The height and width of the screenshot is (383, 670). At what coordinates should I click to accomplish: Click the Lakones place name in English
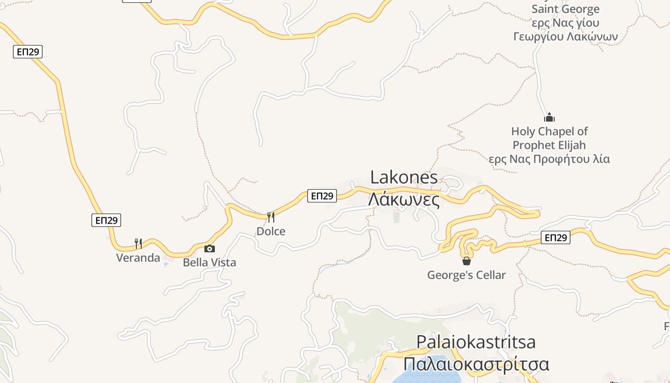click(403, 178)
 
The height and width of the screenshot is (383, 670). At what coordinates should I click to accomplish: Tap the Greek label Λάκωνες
click(403, 199)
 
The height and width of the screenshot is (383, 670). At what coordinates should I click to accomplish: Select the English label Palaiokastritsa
click(476, 342)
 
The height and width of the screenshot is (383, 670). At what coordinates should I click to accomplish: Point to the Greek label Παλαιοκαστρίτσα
click(476, 364)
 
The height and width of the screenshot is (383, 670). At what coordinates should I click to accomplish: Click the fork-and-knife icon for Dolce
click(271, 217)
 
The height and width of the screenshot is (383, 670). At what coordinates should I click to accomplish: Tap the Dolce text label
click(271, 231)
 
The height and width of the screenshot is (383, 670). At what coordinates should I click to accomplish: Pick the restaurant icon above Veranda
click(138, 243)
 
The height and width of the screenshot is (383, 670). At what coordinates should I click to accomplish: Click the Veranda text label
click(138, 258)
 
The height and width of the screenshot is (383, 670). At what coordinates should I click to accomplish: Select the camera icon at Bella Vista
click(210, 248)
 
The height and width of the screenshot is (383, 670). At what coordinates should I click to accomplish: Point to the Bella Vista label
click(210, 262)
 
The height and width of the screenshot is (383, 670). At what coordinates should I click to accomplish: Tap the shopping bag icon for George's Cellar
click(467, 261)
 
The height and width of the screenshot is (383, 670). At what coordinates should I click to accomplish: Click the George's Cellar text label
click(467, 275)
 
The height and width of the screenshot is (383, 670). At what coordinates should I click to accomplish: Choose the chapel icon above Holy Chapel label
click(549, 117)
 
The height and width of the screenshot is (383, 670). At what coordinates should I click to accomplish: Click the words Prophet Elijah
click(549, 145)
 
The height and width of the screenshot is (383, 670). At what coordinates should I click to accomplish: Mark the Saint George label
click(565, 9)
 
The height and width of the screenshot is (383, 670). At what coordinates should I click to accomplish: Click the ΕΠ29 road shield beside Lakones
click(322, 195)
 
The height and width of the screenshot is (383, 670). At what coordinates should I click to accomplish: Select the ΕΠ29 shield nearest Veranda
click(106, 220)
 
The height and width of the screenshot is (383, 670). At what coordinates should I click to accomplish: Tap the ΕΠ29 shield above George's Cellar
click(556, 237)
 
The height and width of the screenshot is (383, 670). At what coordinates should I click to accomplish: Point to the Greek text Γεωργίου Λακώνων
click(565, 36)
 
